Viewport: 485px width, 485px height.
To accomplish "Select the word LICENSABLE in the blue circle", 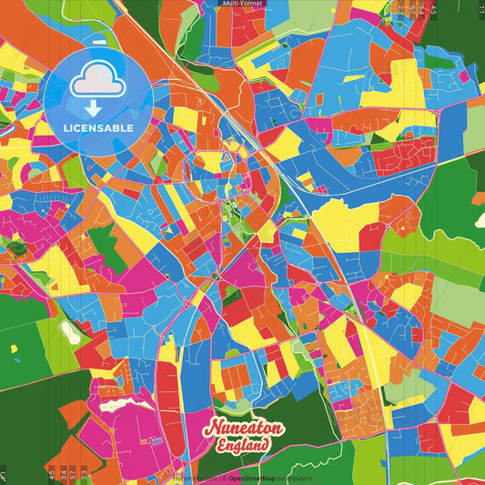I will tap(98, 128).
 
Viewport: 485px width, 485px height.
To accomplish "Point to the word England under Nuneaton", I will tap(243, 445).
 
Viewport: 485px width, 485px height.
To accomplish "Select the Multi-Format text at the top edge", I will tap(242, 4).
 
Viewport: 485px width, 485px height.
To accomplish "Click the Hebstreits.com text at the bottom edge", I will tap(191, 478).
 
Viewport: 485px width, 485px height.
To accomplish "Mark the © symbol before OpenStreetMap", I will tap(224, 478).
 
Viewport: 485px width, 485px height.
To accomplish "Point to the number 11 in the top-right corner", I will tap(480, 9).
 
